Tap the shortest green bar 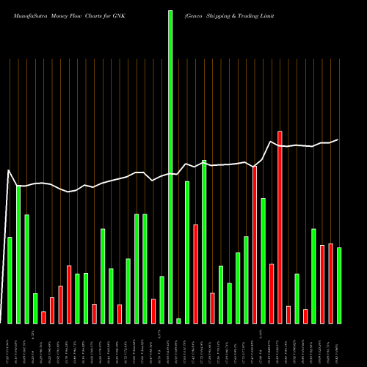[x=178, y=321]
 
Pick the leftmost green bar [x=10, y=280]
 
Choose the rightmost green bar [x=339, y=286]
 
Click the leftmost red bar [x=43, y=317]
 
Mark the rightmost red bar [x=330, y=283]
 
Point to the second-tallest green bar [x=204, y=241]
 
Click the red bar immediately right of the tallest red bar [x=288, y=315]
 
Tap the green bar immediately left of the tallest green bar [x=161, y=299]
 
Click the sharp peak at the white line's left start [x=9, y=170]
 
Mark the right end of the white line [x=338, y=139]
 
